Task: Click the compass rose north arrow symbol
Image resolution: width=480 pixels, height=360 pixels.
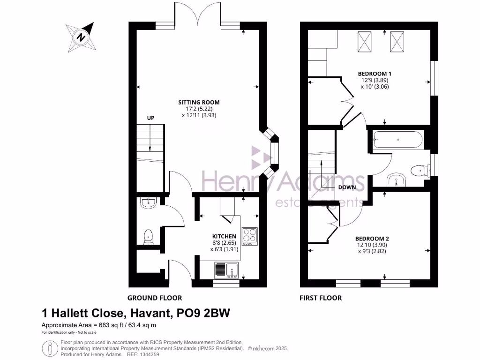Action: pyautogui.click(x=82, y=37)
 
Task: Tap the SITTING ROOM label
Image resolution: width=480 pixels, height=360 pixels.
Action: pyautogui.click(x=199, y=102)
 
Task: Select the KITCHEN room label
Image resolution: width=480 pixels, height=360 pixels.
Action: pyautogui.click(x=224, y=236)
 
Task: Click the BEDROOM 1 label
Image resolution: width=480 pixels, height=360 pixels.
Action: pyautogui.click(x=375, y=74)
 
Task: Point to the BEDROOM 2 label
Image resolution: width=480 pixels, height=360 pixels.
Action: pyautogui.click(x=371, y=238)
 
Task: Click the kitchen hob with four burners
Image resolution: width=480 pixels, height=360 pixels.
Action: pyautogui.click(x=249, y=236)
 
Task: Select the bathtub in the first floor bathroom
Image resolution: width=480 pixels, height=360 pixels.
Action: pyautogui.click(x=397, y=139)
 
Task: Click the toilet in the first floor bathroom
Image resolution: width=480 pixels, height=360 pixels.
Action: pyautogui.click(x=419, y=171)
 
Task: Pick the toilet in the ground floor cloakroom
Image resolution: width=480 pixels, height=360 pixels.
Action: pyautogui.click(x=148, y=236)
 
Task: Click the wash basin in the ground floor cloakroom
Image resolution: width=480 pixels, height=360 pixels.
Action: pyautogui.click(x=148, y=202)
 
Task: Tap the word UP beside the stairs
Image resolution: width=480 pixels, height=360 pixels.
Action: pyautogui.click(x=151, y=118)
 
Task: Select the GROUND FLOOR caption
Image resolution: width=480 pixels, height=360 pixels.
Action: pyautogui.click(x=155, y=298)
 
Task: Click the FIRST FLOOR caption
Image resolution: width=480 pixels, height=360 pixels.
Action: pyautogui.click(x=321, y=298)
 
